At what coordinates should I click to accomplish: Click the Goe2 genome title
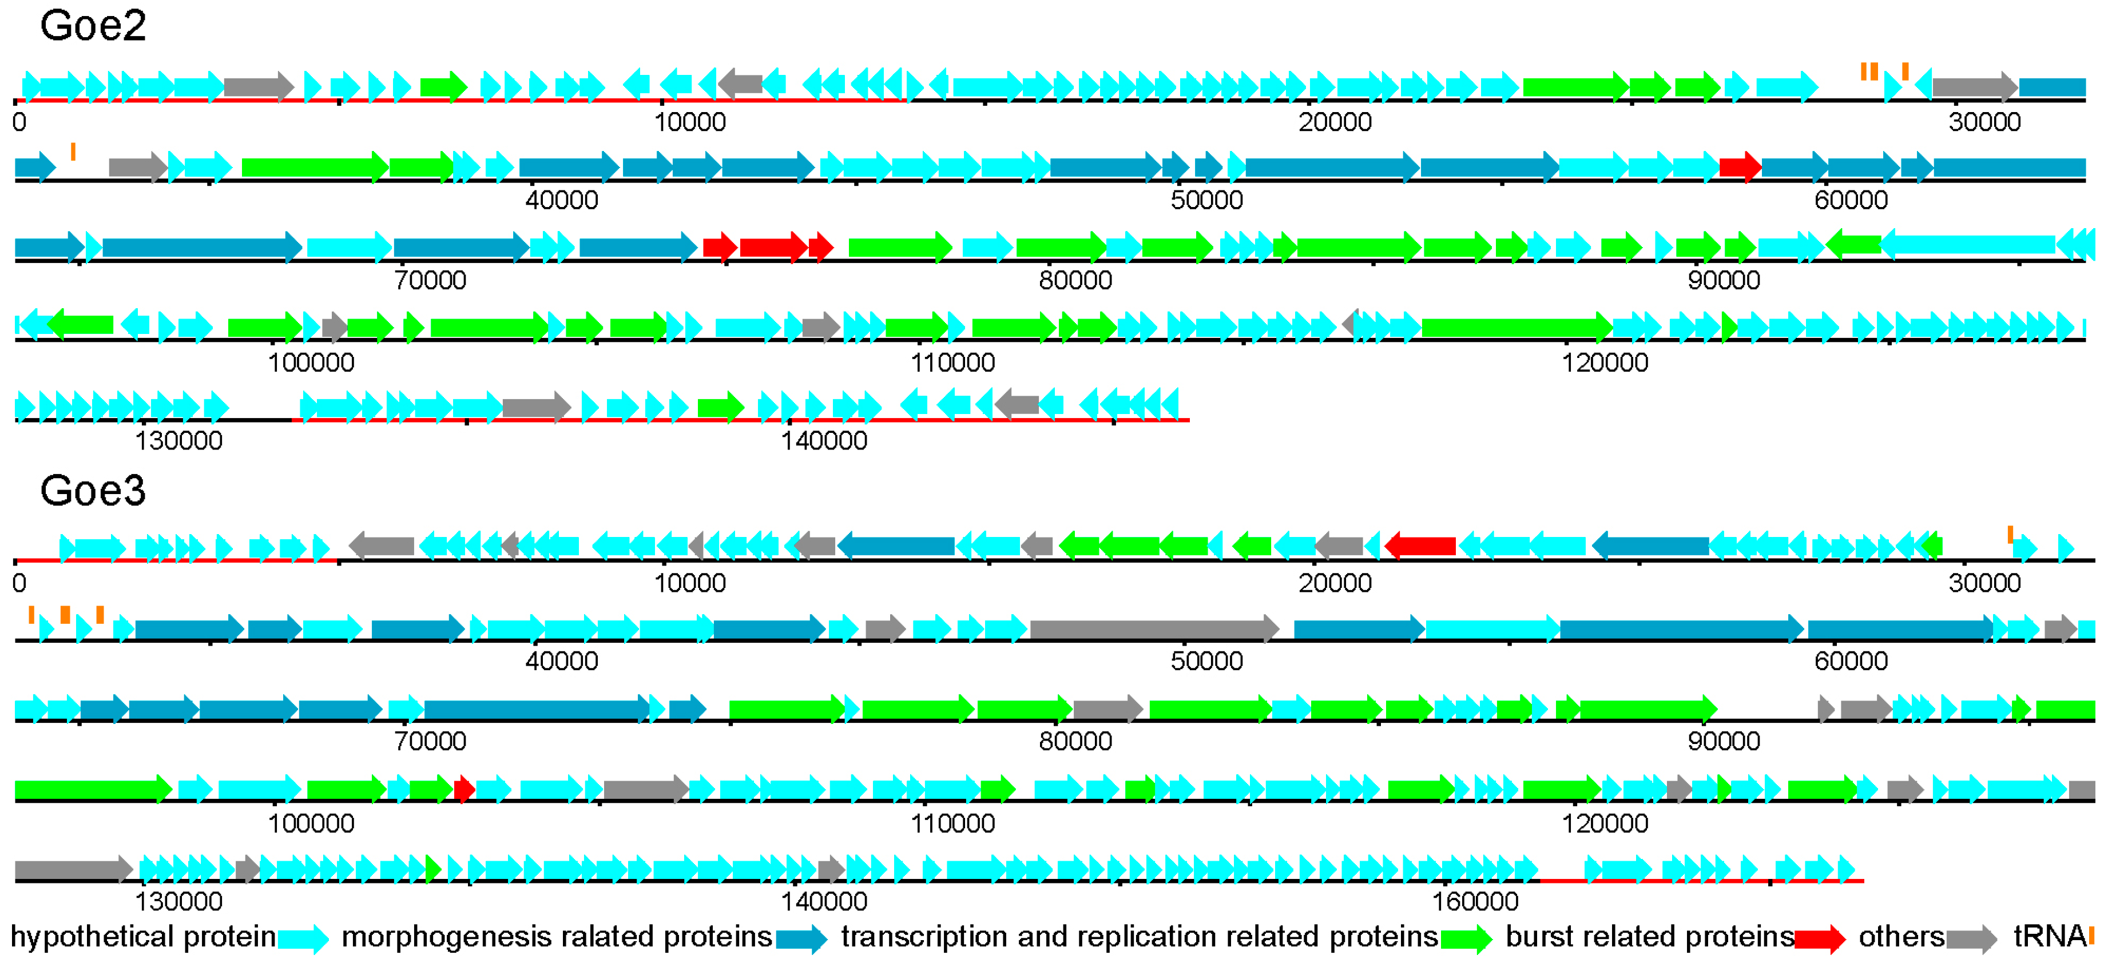[x=93, y=26]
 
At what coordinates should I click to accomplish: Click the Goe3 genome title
[x=93, y=491]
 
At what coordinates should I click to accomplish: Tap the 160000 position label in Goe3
[x=1475, y=901]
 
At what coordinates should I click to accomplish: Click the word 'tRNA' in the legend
[x=2049, y=935]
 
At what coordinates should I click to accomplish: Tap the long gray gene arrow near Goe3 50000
[x=1154, y=628]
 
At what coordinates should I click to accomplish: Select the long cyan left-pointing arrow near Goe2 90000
[x=1968, y=244]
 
